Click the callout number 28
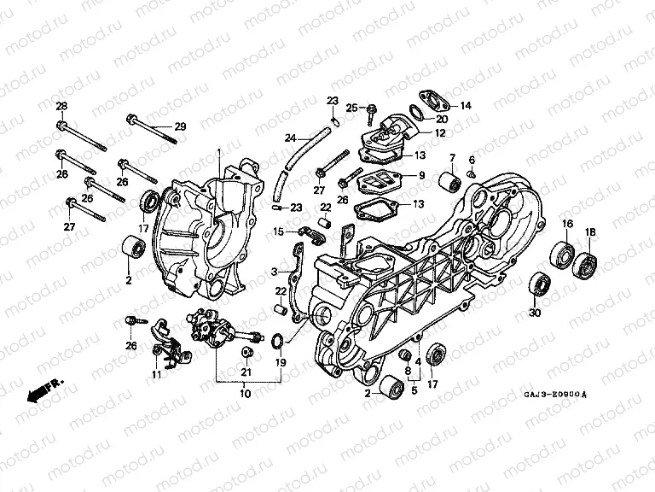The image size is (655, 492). pos(61,106)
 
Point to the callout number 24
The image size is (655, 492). pos(290,138)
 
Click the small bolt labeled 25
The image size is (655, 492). pos(374,108)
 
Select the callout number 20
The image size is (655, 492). pos(441,120)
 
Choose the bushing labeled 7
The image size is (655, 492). pos(445,182)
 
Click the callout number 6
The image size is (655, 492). pos(472,160)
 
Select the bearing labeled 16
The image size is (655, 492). pos(561,255)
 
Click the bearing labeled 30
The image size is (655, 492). pos(539,283)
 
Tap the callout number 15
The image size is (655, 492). pos(278,231)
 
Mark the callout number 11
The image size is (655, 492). pos(156,374)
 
